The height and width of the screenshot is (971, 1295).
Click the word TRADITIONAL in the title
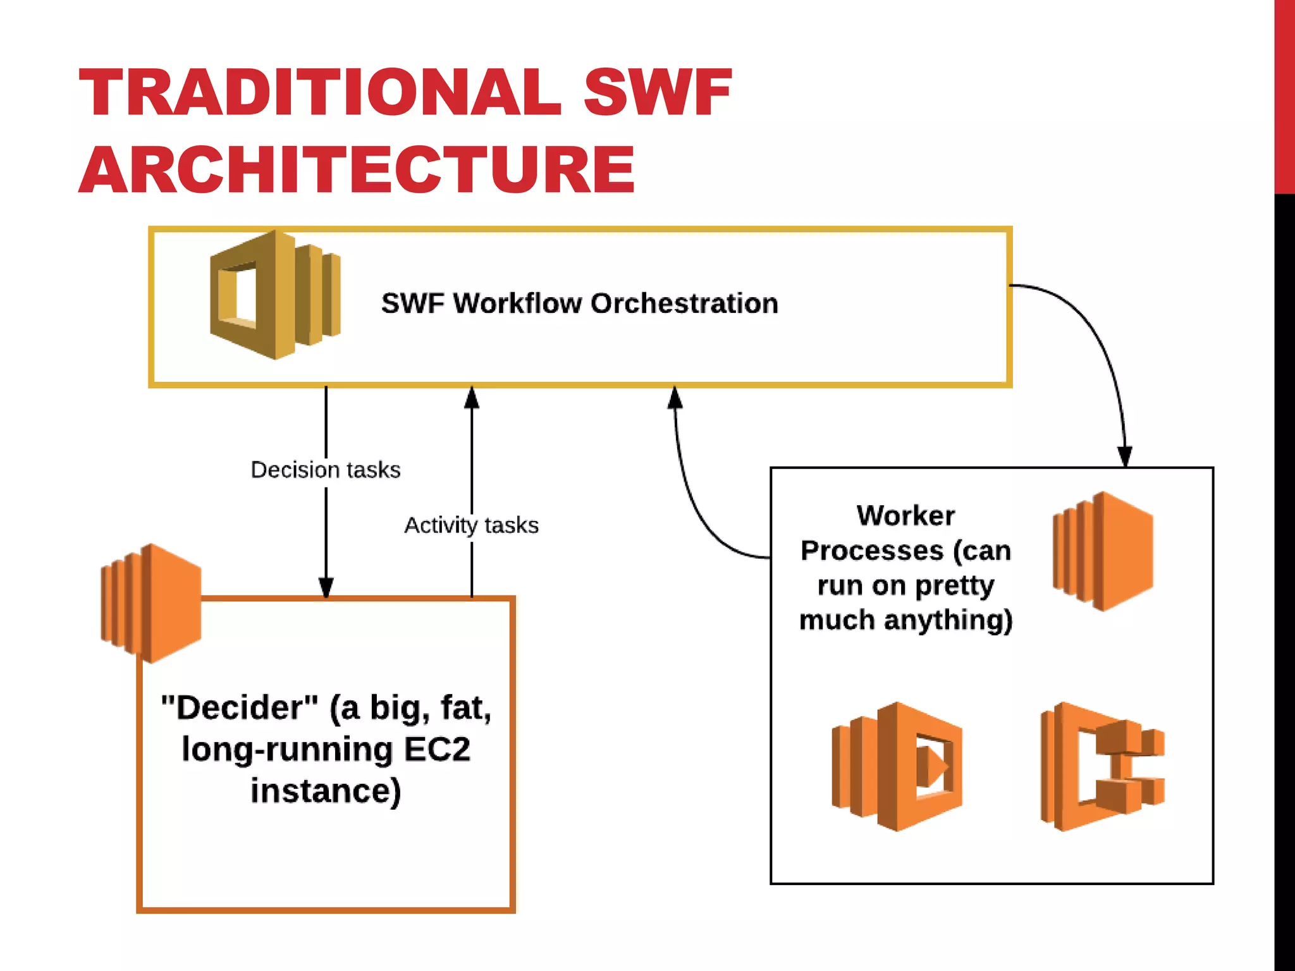[319, 94]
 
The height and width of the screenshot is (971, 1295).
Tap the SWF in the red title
[657, 94]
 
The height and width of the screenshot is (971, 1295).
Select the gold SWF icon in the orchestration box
[274, 295]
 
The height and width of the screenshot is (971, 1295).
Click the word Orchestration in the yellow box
[684, 303]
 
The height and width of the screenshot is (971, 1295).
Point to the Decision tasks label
[326, 470]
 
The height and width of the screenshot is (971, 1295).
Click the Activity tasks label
[471, 525]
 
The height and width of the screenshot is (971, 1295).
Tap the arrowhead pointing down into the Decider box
[326, 587]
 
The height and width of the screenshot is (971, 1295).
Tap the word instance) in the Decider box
[326, 791]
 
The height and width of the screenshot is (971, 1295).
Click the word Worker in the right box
[905, 516]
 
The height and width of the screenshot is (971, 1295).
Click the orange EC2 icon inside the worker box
[1103, 551]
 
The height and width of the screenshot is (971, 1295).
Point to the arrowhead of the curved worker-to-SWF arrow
[675, 398]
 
